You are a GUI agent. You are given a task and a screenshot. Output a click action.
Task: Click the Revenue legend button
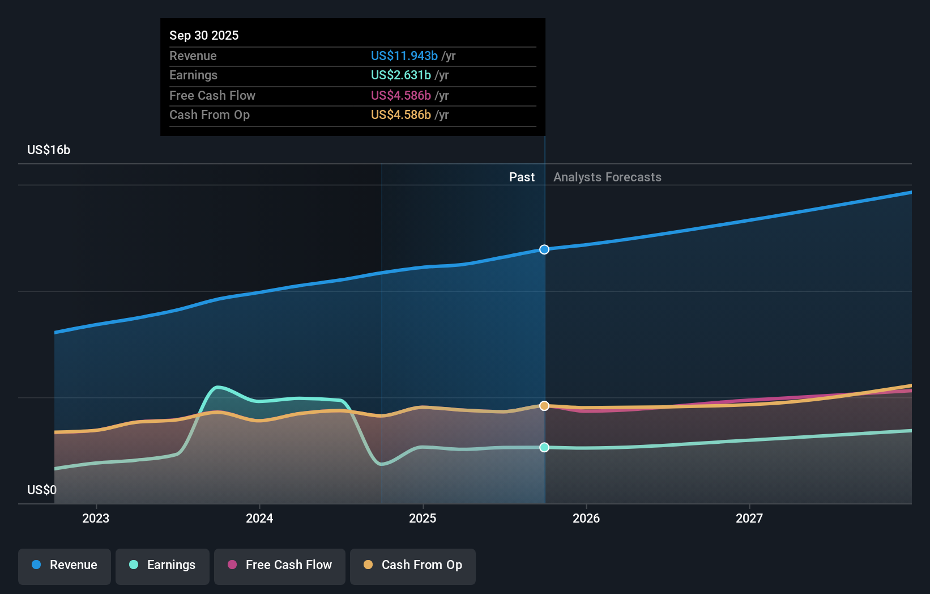65,565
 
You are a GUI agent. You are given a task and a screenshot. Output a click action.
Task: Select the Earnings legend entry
163,565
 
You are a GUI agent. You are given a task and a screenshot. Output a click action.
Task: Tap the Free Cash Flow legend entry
280,565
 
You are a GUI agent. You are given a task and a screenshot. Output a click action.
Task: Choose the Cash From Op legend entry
413,565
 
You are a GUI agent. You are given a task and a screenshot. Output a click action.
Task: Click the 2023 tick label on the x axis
96,518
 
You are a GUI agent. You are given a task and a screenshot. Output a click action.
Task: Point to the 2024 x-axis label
259,518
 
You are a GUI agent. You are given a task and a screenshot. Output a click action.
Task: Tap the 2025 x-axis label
423,518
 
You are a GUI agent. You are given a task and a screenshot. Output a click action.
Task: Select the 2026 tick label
586,518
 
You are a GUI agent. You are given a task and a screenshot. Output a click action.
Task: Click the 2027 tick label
749,518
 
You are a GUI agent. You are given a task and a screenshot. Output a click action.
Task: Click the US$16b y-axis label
49,150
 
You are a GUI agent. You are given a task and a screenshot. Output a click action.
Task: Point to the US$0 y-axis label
42,490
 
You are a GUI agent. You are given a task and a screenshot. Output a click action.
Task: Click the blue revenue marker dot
544,249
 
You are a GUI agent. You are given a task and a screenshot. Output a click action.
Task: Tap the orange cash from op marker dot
544,406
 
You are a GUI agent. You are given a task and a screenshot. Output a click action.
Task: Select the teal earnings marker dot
544,447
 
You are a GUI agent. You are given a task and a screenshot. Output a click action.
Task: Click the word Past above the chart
522,177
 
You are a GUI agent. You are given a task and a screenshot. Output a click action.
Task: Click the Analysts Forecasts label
607,177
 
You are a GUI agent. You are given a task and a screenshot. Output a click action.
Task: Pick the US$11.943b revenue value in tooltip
404,56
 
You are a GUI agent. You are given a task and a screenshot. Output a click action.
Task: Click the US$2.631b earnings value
400,75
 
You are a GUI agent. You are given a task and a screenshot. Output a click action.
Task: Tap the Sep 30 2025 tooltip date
204,36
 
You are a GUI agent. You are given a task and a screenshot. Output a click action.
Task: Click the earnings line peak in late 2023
217,387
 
